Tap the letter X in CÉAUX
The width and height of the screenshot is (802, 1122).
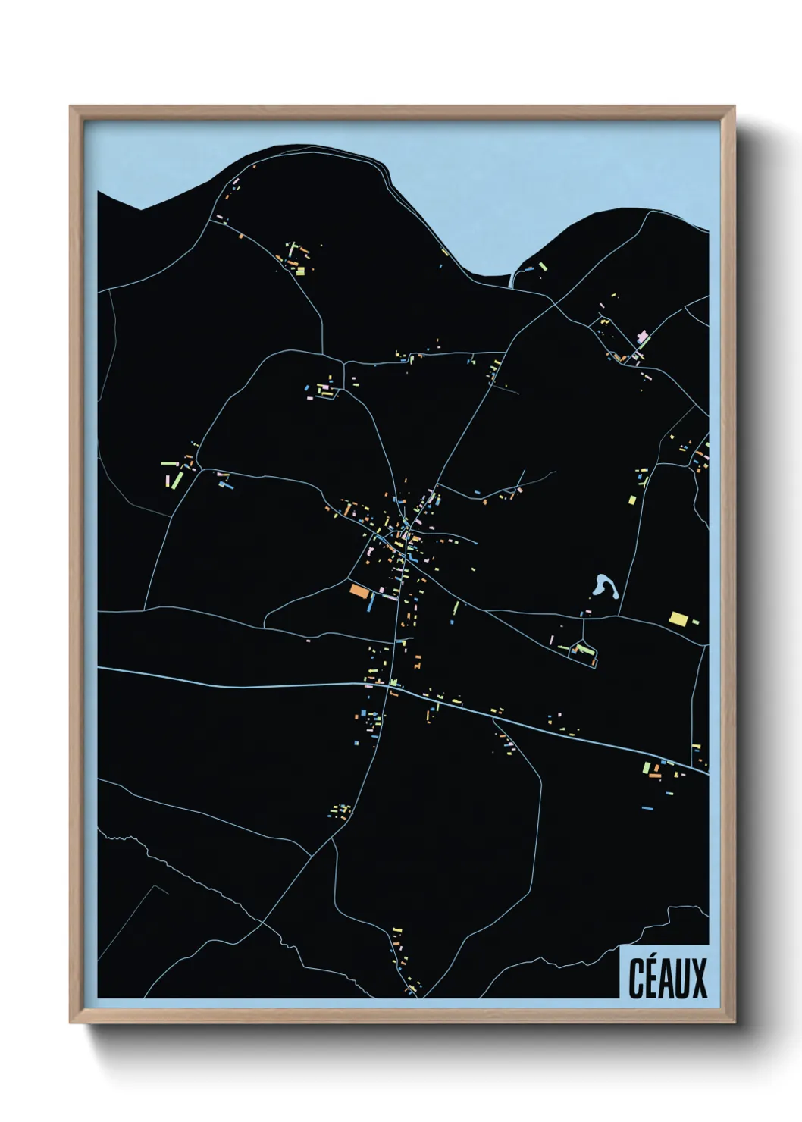point(697,978)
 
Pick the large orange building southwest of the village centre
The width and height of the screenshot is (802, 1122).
point(359,590)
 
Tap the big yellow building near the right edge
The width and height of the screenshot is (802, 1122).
point(678,618)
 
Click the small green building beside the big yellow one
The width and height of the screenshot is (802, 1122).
point(695,622)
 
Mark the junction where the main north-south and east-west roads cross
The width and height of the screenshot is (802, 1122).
point(393,685)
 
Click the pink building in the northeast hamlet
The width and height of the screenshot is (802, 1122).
point(644,336)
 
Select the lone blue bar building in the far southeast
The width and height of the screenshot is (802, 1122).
point(647,808)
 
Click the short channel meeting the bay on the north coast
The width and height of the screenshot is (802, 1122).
point(513,279)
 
